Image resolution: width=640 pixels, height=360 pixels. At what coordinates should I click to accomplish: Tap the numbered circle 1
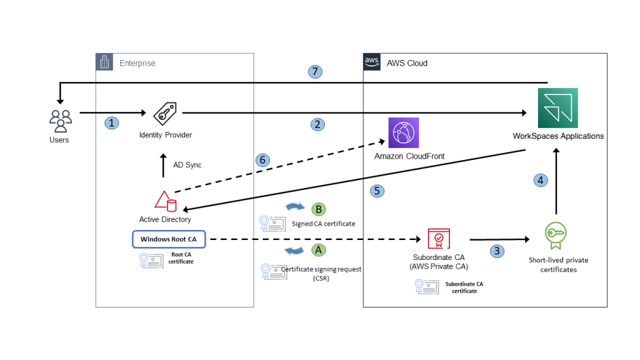[111, 123]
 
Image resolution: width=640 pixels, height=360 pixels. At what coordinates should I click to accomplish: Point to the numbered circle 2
[317, 124]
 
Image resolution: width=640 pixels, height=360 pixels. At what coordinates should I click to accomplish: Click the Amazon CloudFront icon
[404, 132]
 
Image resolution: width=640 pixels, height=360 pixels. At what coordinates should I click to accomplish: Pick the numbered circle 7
[316, 72]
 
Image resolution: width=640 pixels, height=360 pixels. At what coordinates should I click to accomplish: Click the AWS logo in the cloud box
[372, 62]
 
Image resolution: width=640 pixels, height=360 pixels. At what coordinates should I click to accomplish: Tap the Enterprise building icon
[104, 62]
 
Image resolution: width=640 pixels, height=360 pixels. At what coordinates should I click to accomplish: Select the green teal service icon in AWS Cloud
[557, 108]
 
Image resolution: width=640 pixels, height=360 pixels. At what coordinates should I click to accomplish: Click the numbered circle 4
[541, 180]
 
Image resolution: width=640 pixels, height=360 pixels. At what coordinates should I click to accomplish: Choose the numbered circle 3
[497, 251]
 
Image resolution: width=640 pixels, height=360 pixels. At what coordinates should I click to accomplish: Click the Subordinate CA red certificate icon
[438, 239]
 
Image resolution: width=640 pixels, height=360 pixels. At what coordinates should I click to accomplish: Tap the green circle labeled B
[319, 209]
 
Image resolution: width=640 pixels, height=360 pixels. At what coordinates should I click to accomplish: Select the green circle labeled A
[319, 249]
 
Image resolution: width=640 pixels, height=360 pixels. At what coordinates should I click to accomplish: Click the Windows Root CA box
[169, 239]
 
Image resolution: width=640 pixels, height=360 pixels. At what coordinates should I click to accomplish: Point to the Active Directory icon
[166, 201]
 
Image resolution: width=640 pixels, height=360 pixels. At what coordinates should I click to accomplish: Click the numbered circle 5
[377, 191]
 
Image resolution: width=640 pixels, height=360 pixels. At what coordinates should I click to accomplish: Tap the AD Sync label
[187, 165]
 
